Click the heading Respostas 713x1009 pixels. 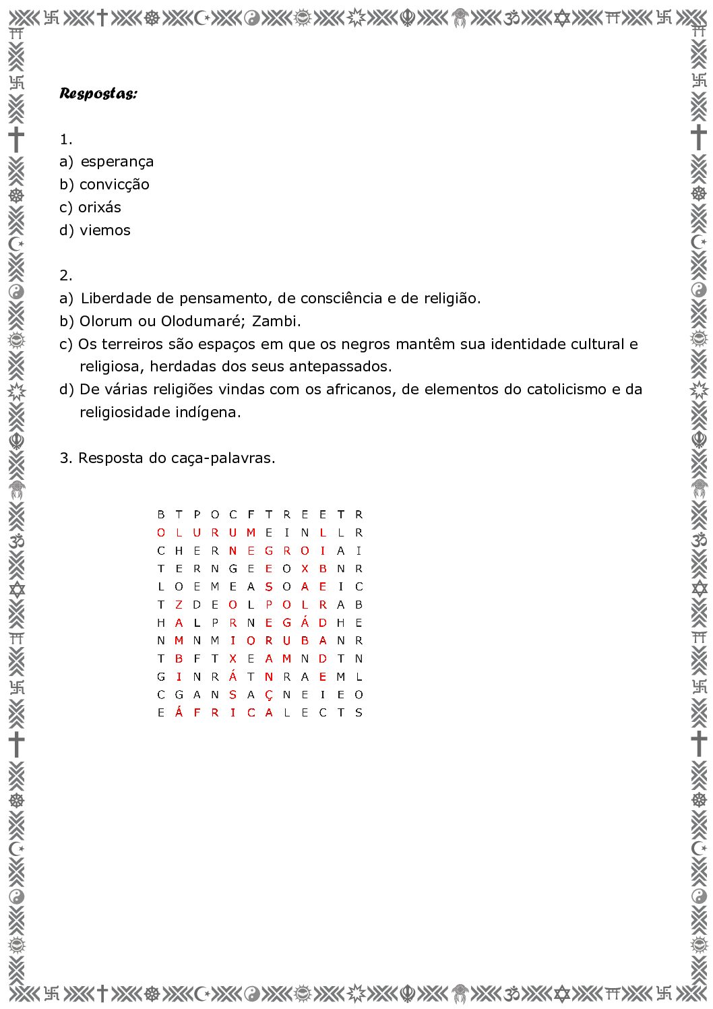point(98,93)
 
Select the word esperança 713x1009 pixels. point(117,162)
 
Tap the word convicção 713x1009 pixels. point(115,185)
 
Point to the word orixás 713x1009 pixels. point(100,208)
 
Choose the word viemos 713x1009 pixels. point(105,231)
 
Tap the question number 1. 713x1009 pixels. point(65,140)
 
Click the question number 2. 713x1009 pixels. point(65,276)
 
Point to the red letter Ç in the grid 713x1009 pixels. point(269,695)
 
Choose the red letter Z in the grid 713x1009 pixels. point(179,605)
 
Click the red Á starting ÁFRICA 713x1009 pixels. point(179,712)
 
